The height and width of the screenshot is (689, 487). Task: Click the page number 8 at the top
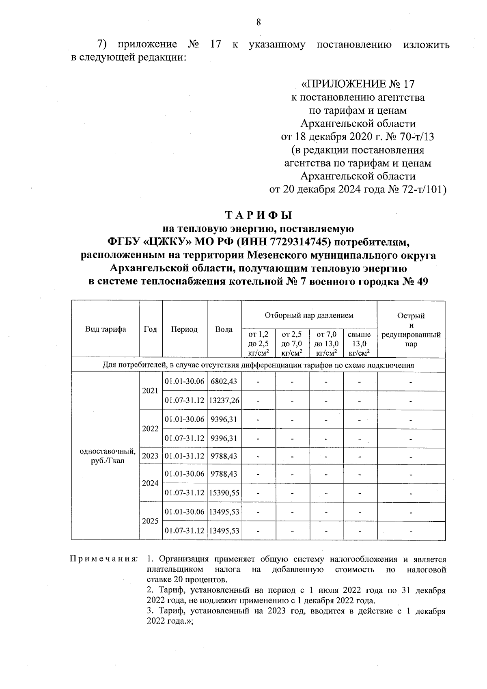(x=258, y=22)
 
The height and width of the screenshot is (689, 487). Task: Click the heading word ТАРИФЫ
(x=258, y=215)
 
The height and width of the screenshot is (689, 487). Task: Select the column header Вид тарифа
(x=106, y=329)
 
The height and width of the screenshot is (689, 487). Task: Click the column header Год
(x=151, y=329)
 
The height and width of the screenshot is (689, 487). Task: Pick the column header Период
(x=184, y=329)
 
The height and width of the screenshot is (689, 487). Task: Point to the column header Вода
(x=224, y=329)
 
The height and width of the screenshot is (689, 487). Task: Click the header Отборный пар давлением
(x=309, y=315)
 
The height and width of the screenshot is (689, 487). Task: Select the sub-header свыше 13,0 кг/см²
(x=360, y=343)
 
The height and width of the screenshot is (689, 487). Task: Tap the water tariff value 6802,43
(x=224, y=381)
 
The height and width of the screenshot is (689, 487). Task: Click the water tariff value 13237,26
(x=224, y=400)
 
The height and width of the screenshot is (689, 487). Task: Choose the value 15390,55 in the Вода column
(x=224, y=493)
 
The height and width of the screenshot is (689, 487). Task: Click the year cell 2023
(x=150, y=456)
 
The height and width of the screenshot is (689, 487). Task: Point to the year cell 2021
(x=150, y=391)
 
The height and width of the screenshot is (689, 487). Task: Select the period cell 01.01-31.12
(x=185, y=456)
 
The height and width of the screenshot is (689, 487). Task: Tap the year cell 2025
(x=150, y=521)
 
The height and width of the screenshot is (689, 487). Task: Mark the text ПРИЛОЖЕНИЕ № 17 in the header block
(x=357, y=84)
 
